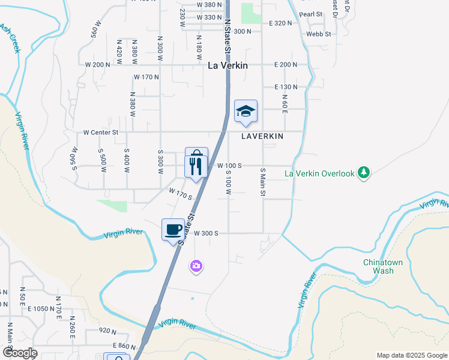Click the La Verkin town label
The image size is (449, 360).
(228, 65)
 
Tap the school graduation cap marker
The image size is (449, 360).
(246, 111)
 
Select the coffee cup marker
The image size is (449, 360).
(173, 230)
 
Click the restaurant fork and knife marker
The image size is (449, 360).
(196, 167)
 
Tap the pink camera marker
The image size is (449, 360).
(196, 266)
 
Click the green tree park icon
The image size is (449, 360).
(363, 173)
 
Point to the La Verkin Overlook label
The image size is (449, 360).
(319, 174)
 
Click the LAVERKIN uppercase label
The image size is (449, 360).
(262, 136)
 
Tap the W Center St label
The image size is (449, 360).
(101, 132)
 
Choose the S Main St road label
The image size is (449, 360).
(263, 184)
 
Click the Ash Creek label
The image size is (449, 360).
(10, 38)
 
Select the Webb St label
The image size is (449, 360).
(319, 34)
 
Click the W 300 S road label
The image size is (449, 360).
(205, 233)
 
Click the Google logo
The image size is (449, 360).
(19, 353)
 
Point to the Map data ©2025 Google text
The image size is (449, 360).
(411, 355)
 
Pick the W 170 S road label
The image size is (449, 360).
(180, 194)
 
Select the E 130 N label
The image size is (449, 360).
(286, 87)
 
